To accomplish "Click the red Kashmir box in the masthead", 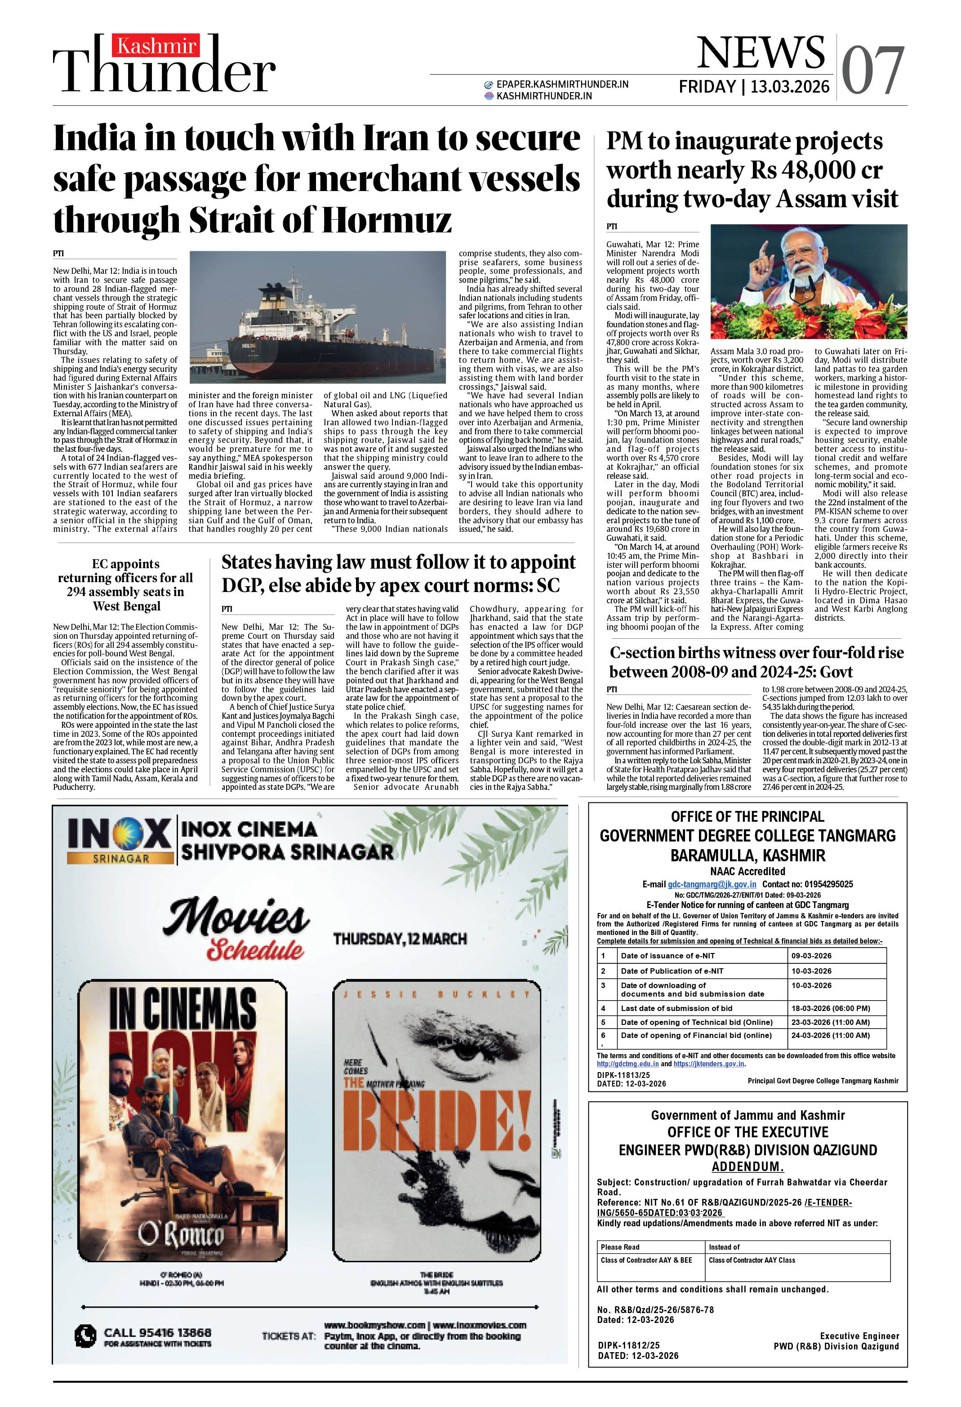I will point(156,45).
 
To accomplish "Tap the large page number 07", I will point(872,71).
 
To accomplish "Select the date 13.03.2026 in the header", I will point(790,87).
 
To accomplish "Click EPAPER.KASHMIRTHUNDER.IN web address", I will point(562,84).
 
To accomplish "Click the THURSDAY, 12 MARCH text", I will point(400,939).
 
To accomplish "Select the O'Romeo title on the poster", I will point(180,1233).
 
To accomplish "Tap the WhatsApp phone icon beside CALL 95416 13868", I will point(85,1335).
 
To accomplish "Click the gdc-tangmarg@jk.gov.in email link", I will point(712,884).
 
